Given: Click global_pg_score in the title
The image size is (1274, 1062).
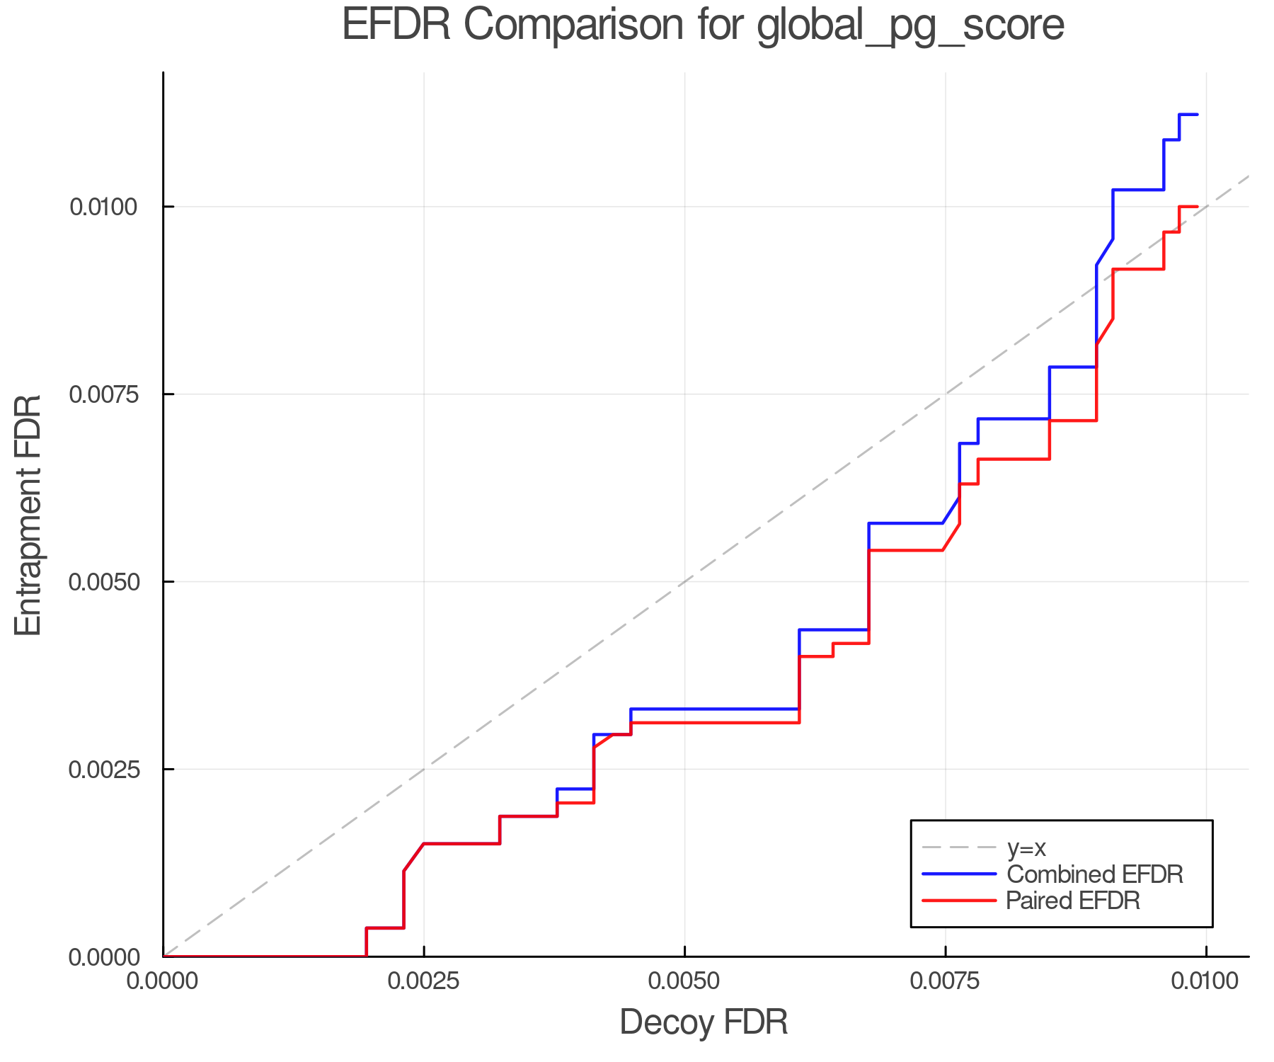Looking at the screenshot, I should [910, 27].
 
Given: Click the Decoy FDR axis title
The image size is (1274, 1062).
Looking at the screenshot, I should [704, 1022].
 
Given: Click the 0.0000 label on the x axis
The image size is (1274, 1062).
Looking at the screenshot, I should [163, 982].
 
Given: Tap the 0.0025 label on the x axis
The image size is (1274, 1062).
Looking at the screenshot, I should [424, 982].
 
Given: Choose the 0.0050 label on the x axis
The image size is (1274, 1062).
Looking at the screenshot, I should [684, 982].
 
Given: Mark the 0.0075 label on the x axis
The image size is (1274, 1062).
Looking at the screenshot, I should [946, 982].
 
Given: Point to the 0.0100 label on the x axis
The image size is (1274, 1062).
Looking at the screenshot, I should [1206, 982].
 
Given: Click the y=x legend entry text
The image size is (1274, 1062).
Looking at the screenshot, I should [1026, 847].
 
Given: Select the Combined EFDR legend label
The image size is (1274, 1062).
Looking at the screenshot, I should [1094, 874].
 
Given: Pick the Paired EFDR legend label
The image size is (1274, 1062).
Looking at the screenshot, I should [1073, 901].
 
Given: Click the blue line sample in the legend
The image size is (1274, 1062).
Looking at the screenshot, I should [959, 874].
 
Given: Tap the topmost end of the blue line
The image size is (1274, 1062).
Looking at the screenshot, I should [1197, 115].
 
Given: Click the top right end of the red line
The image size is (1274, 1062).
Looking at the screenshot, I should [1197, 207].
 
